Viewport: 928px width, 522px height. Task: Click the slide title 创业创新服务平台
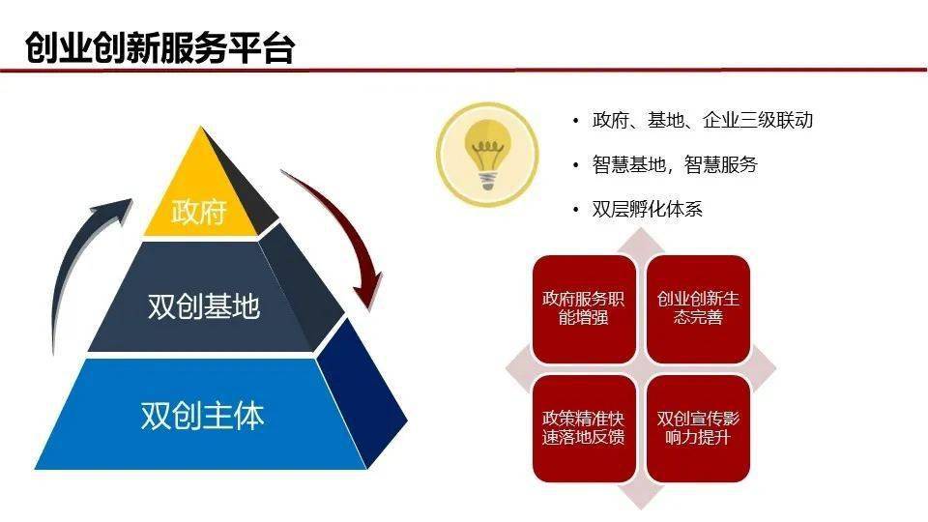[x=159, y=47]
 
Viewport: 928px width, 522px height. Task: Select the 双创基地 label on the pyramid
[x=204, y=306]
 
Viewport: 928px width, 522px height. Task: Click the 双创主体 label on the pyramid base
[x=202, y=415]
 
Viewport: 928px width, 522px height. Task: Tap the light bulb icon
[x=487, y=155]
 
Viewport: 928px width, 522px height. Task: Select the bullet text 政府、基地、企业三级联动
[x=703, y=120]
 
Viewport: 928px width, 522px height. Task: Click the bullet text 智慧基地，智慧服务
[x=675, y=164]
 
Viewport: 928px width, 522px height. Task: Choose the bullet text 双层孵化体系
[x=647, y=209]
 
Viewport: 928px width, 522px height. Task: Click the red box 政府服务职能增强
[x=584, y=309]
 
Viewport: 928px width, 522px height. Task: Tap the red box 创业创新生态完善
[x=698, y=309]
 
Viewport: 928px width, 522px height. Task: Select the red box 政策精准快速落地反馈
[x=584, y=428]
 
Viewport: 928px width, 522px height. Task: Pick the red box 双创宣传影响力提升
[x=698, y=428]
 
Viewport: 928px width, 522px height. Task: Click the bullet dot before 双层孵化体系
[x=575, y=210]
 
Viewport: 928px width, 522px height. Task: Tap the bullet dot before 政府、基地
[x=575, y=122]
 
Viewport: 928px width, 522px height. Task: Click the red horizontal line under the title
[x=464, y=71]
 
